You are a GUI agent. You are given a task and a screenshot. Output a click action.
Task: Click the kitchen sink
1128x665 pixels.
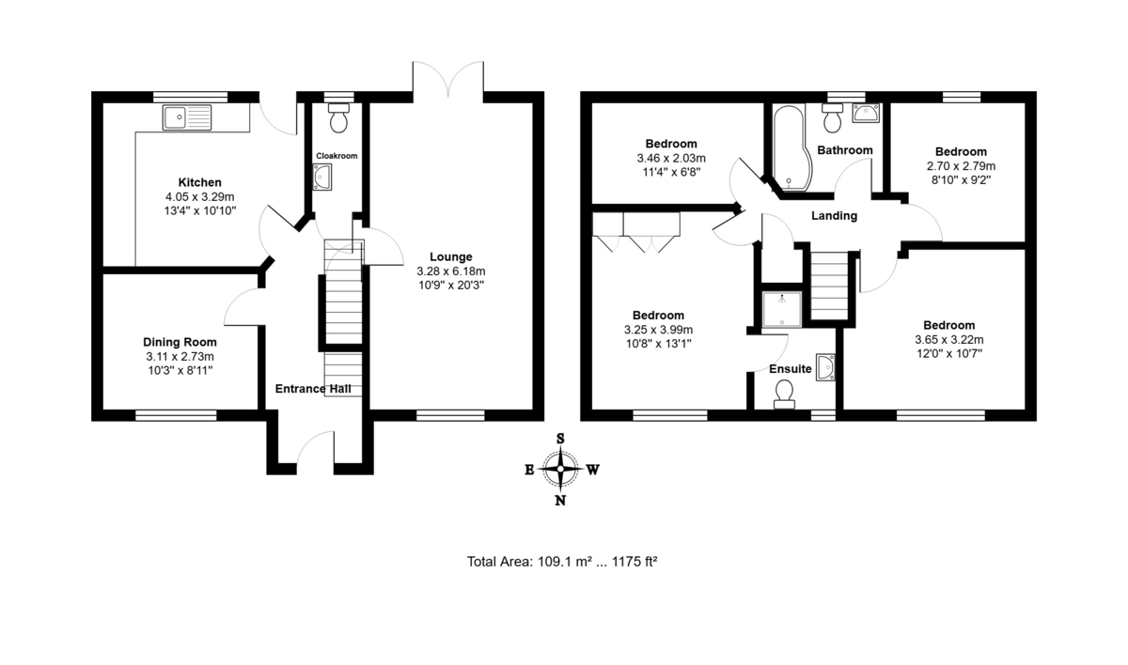point(187,117)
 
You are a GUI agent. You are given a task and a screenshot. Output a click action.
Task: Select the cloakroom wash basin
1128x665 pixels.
point(322,178)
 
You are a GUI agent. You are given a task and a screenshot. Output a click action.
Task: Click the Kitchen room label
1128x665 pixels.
point(200,182)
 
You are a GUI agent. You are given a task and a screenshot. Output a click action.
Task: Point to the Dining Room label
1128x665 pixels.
point(180,342)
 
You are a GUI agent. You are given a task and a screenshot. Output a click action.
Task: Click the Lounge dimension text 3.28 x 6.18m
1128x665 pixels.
point(450,271)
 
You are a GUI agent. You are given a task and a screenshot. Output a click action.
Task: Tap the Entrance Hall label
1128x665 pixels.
point(313,389)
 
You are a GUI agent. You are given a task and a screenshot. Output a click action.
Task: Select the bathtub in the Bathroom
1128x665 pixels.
point(791,147)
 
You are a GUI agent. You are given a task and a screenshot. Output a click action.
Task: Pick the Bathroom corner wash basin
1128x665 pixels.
point(866,113)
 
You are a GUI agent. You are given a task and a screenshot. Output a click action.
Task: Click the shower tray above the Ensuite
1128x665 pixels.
point(781,309)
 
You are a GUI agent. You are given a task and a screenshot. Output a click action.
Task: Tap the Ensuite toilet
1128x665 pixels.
point(784,394)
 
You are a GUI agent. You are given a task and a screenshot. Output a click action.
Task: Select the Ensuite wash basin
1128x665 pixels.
point(826,367)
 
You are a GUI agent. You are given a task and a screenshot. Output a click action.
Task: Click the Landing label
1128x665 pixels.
point(834,216)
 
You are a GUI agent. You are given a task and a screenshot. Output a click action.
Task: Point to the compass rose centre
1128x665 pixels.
point(560,469)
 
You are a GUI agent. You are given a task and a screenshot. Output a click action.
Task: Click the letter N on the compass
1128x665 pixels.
point(560,501)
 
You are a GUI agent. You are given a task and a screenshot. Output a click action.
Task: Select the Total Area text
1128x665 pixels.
point(562,562)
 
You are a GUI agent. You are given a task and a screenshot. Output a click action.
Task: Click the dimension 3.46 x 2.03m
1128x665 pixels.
point(671,159)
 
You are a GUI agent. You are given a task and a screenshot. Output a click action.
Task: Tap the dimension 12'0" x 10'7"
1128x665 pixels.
point(949,353)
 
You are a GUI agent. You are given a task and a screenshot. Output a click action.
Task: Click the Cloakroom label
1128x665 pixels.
point(337,156)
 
